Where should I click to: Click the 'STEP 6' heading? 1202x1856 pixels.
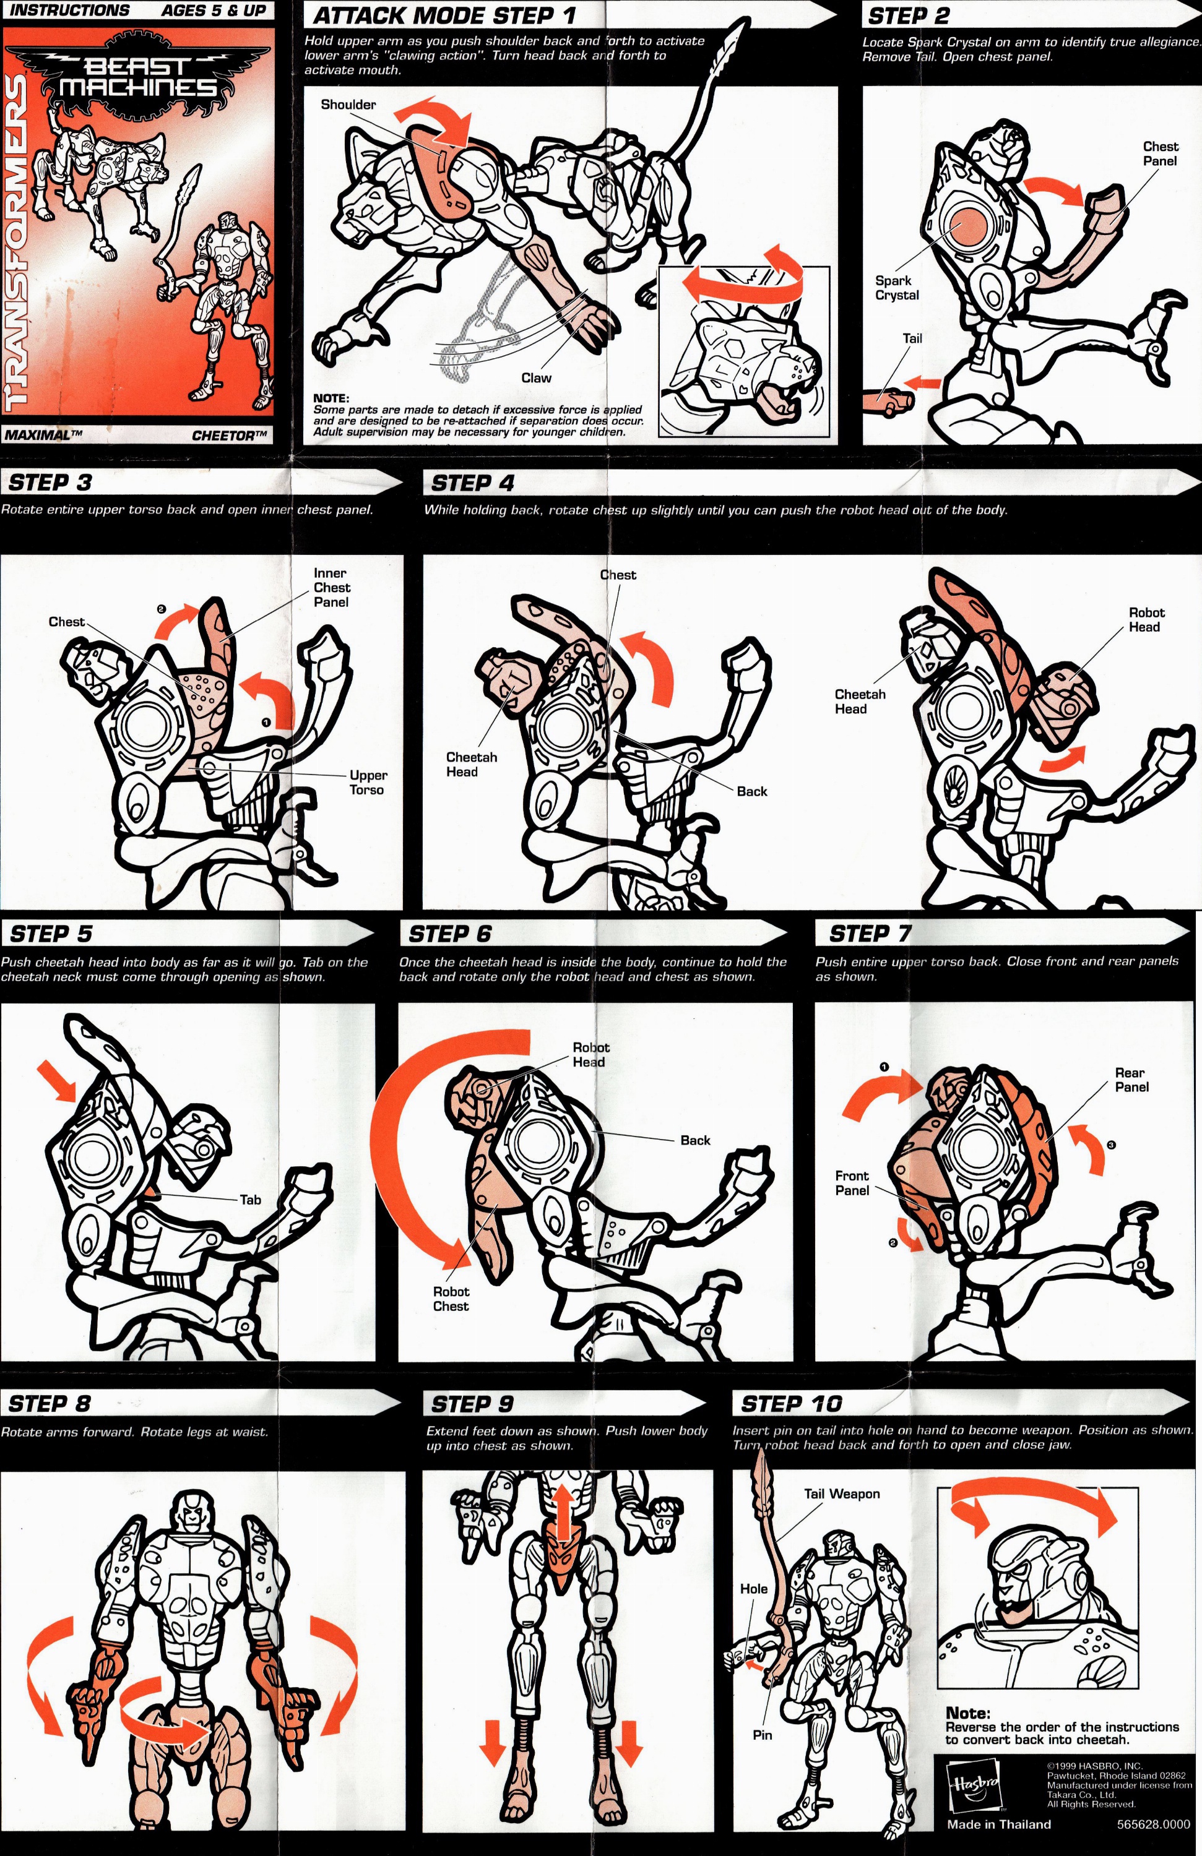[x=450, y=934]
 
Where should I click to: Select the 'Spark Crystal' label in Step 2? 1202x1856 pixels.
[x=896, y=288]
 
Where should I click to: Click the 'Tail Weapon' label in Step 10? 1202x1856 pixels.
[x=842, y=1493]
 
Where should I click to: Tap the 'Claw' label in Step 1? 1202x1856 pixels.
[x=536, y=377]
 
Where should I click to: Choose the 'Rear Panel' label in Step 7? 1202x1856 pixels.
[x=1130, y=1080]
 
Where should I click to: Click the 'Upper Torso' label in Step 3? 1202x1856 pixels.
[x=368, y=782]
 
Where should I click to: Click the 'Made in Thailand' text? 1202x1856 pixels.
[x=998, y=1824]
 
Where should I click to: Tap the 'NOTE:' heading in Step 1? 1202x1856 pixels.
[x=331, y=398]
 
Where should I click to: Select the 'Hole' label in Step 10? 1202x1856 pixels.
[x=753, y=1589]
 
